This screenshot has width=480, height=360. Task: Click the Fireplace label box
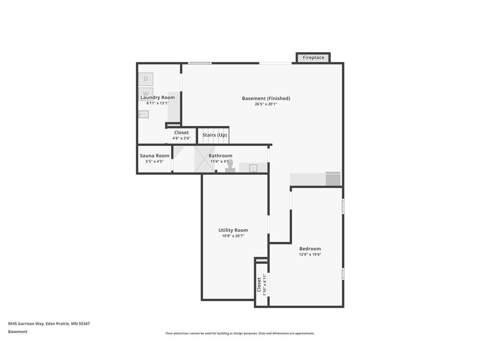[313, 58]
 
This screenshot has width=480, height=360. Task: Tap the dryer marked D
[146, 79]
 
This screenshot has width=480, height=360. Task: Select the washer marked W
[146, 93]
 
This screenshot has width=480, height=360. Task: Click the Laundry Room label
[157, 97]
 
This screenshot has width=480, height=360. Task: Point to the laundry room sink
[143, 114]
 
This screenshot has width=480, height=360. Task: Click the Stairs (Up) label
[215, 135]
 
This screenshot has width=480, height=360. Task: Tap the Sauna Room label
[155, 156]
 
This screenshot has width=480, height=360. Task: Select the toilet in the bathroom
[230, 167]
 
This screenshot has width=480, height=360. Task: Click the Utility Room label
[233, 230]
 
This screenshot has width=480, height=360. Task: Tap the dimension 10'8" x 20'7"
[233, 236]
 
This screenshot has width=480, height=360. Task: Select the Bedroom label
[310, 249]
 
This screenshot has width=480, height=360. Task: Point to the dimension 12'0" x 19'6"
[310, 255]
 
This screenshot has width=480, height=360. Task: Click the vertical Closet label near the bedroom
[259, 284]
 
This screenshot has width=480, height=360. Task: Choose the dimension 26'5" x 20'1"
[266, 104]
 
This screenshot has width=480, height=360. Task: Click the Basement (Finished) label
[266, 98]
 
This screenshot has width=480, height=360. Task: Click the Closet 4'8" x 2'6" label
[181, 133]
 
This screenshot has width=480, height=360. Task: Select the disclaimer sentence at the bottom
[240, 333]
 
